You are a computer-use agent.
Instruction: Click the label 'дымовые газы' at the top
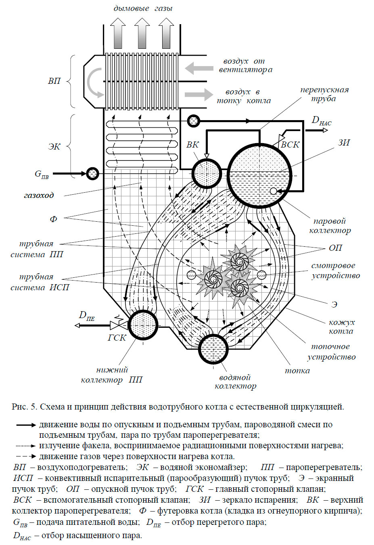point(143,8)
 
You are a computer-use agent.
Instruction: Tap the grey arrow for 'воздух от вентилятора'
point(199,68)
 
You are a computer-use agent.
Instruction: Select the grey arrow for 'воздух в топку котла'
point(199,94)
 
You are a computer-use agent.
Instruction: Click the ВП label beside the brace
point(54,81)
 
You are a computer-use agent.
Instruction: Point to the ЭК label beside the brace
point(54,147)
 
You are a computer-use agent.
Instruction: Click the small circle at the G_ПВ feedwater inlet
point(92,173)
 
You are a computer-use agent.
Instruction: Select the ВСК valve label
point(290,145)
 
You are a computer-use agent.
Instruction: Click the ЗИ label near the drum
point(344,143)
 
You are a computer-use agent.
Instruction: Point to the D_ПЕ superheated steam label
point(87,316)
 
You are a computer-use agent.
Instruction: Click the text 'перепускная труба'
point(324,94)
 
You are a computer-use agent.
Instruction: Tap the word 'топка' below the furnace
point(297,371)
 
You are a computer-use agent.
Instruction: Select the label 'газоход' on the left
point(39,196)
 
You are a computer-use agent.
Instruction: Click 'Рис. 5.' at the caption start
point(25,406)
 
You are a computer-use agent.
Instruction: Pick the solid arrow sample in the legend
point(26,425)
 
